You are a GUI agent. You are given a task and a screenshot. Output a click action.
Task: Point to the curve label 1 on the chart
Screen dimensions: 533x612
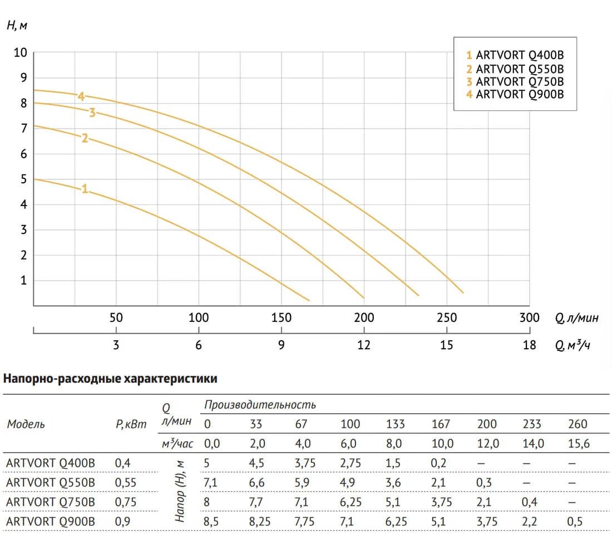(x=85, y=189)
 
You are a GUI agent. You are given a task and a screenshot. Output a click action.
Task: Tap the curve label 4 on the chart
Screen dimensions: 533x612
(x=81, y=96)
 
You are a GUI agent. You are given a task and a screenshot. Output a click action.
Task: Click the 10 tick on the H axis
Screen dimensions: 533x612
(x=20, y=53)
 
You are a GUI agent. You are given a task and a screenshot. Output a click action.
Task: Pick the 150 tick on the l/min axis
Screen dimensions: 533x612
(x=281, y=318)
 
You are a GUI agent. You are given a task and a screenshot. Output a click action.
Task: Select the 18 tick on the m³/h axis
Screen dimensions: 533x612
(x=530, y=345)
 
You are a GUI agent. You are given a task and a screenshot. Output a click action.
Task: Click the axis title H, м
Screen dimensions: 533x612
(x=17, y=26)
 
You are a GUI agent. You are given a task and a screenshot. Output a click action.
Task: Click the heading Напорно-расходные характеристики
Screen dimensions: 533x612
(x=110, y=379)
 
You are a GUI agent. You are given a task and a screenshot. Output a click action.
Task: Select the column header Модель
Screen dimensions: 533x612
(x=26, y=424)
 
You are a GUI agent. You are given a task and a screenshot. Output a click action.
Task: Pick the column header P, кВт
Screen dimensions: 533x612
(x=131, y=424)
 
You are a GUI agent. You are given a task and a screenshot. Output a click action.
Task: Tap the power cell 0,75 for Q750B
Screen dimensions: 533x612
(x=125, y=502)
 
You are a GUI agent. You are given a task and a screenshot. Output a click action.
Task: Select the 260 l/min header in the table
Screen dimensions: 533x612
(x=578, y=424)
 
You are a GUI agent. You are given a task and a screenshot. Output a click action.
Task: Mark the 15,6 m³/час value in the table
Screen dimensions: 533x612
(x=578, y=444)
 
